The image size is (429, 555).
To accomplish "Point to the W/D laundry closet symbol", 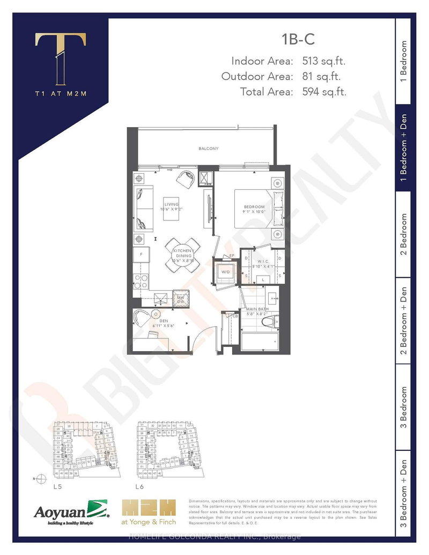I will (225, 271).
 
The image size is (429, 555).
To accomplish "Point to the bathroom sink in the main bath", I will (271, 297).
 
